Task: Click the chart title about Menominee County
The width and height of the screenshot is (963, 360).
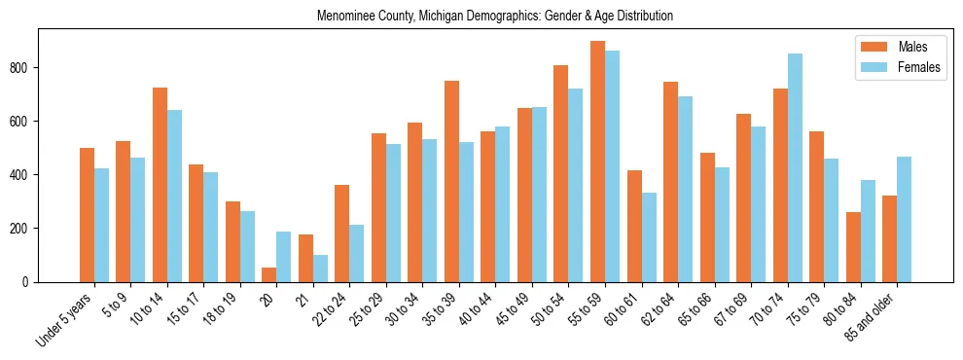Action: (x=495, y=17)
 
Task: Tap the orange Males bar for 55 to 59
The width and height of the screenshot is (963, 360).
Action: (x=597, y=162)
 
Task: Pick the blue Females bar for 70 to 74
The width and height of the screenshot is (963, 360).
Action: (x=795, y=167)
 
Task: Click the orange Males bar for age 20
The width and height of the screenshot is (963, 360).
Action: (x=269, y=274)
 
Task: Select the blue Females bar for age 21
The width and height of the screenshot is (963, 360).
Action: (x=320, y=269)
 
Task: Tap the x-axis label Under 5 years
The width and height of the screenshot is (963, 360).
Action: (x=66, y=320)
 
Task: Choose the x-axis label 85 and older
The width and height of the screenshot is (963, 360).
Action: (x=871, y=322)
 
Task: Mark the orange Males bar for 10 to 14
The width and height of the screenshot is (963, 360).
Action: (x=160, y=185)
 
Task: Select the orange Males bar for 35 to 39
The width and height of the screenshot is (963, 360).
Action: (x=451, y=181)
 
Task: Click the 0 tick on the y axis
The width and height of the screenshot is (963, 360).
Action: (x=29, y=282)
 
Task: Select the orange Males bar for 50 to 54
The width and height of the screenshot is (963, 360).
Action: (x=561, y=173)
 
